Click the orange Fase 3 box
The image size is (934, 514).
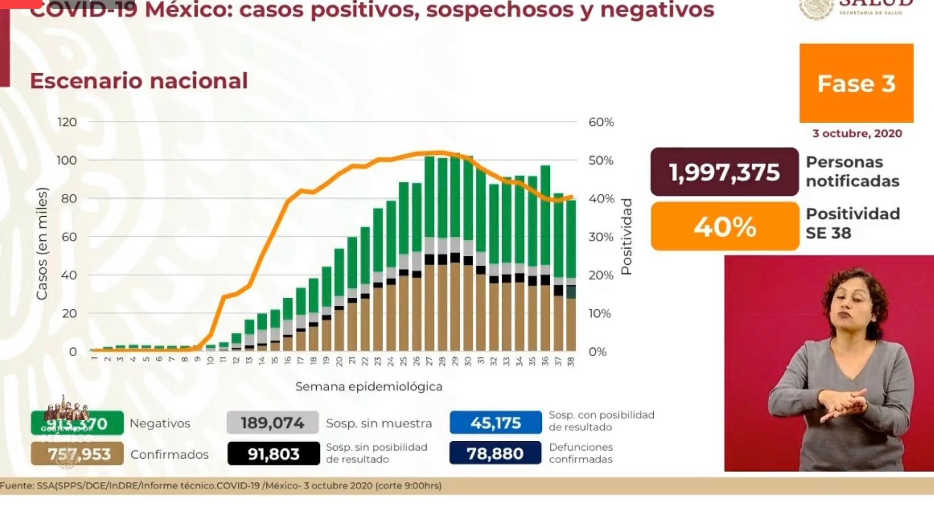point(856,83)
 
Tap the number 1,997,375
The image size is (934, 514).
point(724,172)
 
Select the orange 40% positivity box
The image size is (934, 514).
point(725,227)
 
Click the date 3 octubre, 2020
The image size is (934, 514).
point(857,134)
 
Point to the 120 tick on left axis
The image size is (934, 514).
point(67,122)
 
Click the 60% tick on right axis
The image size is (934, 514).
point(601,122)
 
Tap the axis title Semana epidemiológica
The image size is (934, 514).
point(368,386)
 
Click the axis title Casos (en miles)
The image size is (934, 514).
point(42,243)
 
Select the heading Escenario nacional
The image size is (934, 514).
point(138,81)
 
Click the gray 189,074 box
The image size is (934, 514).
point(272,423)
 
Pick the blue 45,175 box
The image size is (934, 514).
point(495,423)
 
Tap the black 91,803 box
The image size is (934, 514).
point(273,453)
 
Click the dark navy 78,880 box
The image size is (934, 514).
point(495,453)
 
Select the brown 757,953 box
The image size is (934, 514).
point(77,453)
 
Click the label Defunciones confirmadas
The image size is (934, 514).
point(581,453)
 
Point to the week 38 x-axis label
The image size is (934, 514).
point(571,361)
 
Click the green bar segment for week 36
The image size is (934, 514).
point(545,214)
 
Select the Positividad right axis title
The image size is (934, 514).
point(626,236)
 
